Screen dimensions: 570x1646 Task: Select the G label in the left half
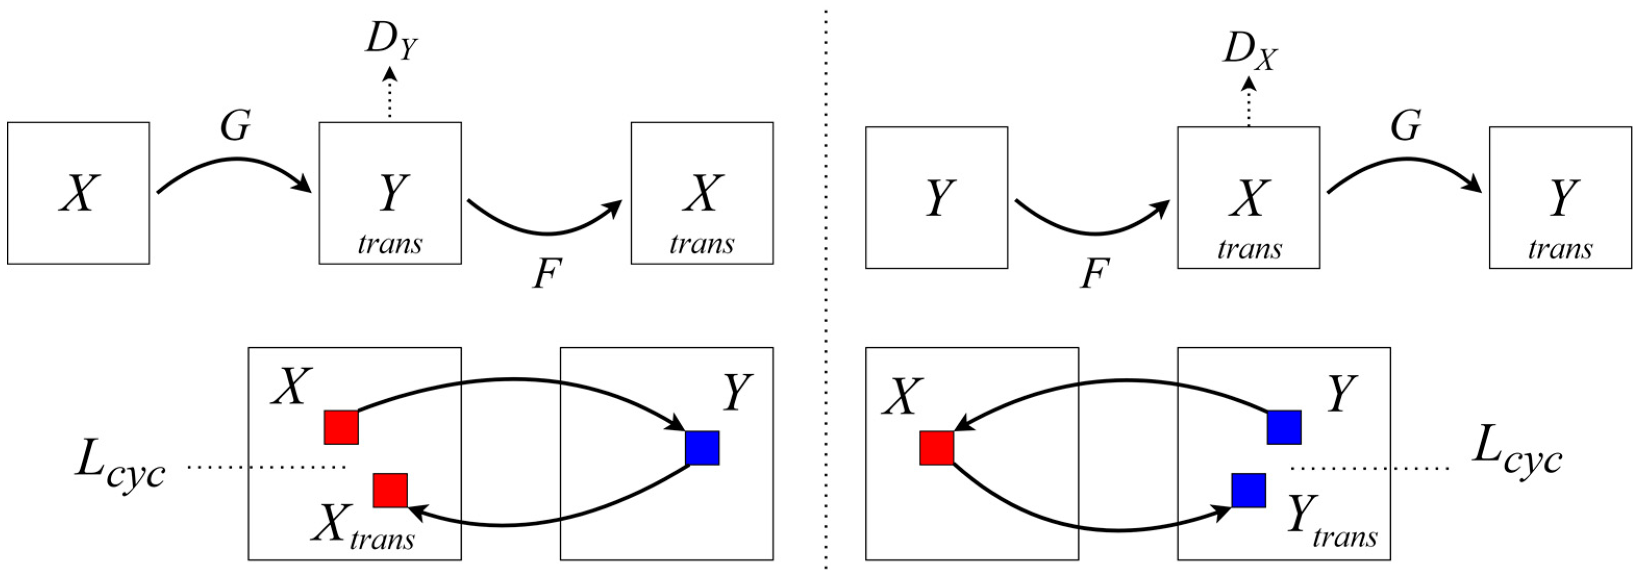[x=235, y=126]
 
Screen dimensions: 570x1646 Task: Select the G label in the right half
[x=1406, y=126]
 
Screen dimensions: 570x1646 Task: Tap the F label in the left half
[x=547, y=275]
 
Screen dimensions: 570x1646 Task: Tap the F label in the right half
[x=1095, y=275]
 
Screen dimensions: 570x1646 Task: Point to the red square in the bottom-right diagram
[x=937, y=448]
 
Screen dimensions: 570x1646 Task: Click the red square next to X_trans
[x=391, y=490]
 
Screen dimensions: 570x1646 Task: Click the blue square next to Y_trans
[x=1249, y=490]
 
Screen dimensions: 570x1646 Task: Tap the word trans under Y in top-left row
[x=390, y=244]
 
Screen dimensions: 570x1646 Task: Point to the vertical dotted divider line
[x=826, y=287]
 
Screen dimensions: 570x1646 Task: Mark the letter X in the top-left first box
[x=79, y=194]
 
